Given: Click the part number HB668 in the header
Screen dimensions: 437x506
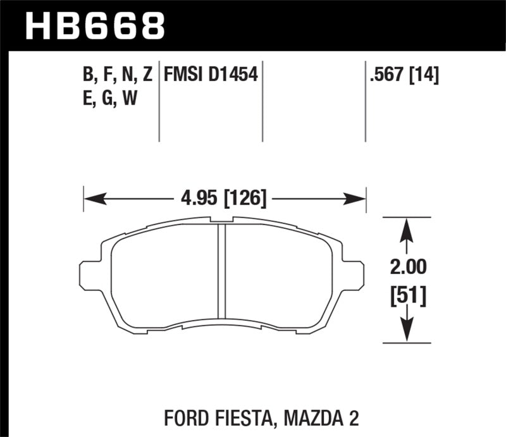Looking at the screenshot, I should (x=95, y=26).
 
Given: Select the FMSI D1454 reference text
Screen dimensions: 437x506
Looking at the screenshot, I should (x=210, y=76).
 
